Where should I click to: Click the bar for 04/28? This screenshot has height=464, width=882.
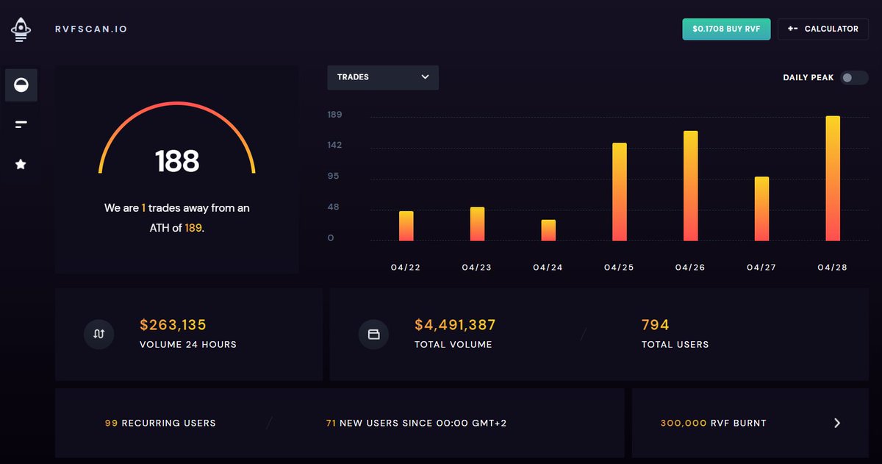[833, 179]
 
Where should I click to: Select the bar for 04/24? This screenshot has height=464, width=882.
[548, 230]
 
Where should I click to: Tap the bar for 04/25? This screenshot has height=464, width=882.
[620, 192]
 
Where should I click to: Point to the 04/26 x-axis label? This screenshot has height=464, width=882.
[690, 268]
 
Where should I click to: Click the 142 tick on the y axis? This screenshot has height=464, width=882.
[334, 146]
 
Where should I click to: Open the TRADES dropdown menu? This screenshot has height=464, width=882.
[383, 77]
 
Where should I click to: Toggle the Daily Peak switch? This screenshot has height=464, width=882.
[854, 77]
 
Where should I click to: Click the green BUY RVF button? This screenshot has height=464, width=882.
[726, 29]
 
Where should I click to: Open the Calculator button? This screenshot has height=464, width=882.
[822, 29]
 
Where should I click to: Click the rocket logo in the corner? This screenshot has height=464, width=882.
[21, 29]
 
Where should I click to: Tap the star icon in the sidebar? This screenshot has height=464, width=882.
[21, 165]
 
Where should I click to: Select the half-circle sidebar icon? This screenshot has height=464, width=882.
[21, 85]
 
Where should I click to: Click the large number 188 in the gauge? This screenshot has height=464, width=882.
[177, 161]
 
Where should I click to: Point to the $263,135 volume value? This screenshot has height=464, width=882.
[173, 325]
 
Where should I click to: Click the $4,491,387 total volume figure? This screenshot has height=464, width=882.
[455, 325]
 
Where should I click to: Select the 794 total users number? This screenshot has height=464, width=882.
[655, 325]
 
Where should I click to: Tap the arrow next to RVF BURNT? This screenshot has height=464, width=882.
[836, 423]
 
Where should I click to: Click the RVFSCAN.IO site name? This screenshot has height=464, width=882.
[91, 29]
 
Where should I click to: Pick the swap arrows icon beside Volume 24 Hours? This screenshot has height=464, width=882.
[99, 334]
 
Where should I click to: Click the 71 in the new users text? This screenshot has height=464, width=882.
[331, 424]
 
